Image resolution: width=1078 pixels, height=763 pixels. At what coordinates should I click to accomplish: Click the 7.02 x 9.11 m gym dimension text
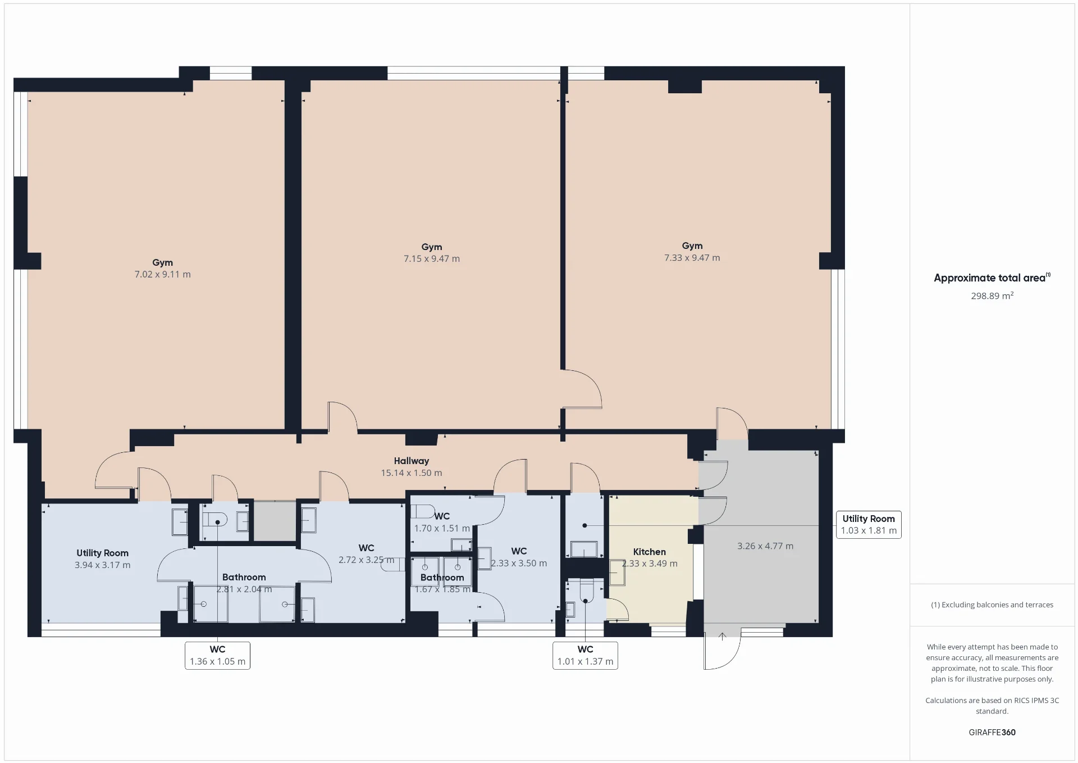(x=162, y=274)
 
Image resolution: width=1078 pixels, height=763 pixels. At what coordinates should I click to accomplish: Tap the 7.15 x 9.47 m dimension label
(x=432, y=258)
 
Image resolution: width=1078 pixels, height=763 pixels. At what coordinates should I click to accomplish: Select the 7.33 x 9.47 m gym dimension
(x=692, y=257)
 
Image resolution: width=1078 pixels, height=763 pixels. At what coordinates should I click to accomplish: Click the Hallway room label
(x=412, y=461)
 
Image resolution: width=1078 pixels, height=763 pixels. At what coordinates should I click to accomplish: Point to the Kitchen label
(x=650, y=552)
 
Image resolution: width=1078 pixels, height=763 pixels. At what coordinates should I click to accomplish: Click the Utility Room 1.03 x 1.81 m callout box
(x=869, y=525)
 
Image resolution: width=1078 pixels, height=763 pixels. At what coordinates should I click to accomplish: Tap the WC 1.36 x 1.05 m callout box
(x=217, y=656)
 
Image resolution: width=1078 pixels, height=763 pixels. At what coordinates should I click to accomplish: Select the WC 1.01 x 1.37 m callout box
(x=585, y=656)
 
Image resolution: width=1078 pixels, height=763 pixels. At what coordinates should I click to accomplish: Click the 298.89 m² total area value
(x=992, y=296)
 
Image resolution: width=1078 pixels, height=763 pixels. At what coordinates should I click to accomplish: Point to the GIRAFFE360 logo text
(x=992, y=732)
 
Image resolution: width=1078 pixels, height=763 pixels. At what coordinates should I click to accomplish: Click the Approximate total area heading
(x=992, y=278)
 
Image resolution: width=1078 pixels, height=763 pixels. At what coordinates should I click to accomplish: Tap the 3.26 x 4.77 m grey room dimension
(x=765, y=546)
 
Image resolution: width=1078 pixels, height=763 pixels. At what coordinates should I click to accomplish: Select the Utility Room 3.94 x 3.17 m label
(x=102, y=559)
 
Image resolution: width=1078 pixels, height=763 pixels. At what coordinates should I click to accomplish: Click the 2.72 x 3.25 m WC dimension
(x=366, y=560)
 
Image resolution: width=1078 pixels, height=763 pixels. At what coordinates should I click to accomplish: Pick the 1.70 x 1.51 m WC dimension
(x=442, y=528)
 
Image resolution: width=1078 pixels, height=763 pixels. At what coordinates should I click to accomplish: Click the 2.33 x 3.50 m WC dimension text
(x=519, y=563)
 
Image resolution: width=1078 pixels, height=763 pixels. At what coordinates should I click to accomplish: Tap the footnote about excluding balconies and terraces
(x=992, y=605)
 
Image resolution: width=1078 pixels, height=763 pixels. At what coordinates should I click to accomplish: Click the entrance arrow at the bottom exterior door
(x=723, y=637)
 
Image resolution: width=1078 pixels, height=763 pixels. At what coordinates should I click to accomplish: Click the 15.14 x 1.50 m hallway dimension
(x=412, y=473)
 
